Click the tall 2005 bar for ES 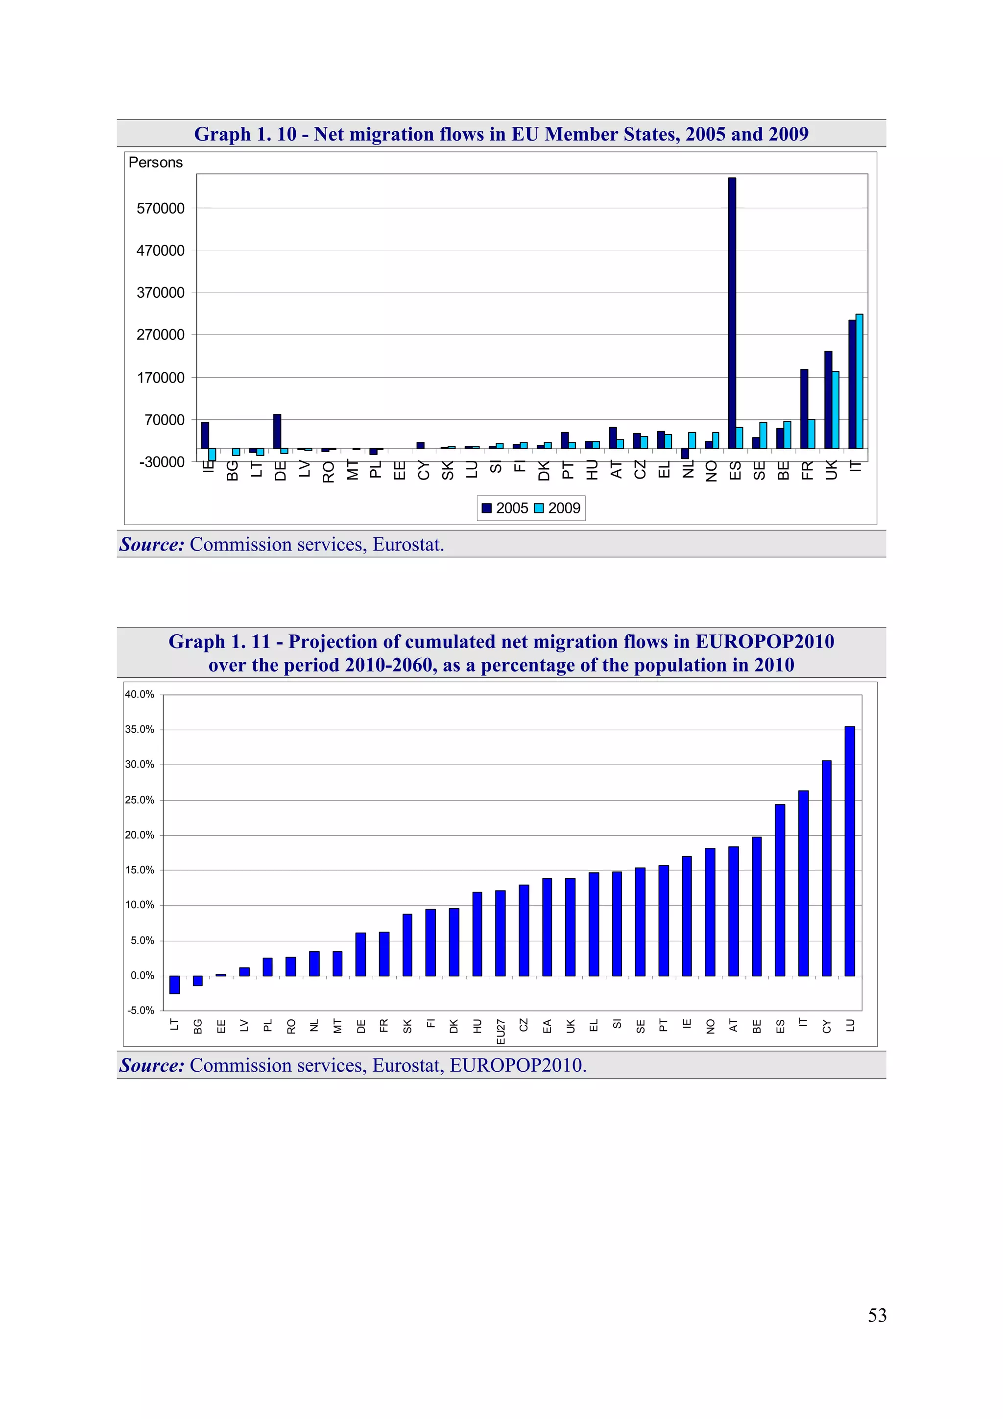(732, 313)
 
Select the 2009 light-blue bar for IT (859, 382)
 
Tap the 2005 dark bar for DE (277, 431)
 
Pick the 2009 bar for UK (835, 410)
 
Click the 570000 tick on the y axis (161, 209)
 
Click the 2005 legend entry (505, 508)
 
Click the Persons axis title (156, 163)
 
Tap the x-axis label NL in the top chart (688, 470)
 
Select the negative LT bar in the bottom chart (174, 985)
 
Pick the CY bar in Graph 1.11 (826, 868)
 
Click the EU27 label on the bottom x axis (501, 1032)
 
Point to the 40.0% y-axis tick (140, 695)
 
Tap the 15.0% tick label (140, 870)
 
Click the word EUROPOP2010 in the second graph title (764, 642)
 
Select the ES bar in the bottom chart (780, 890)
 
